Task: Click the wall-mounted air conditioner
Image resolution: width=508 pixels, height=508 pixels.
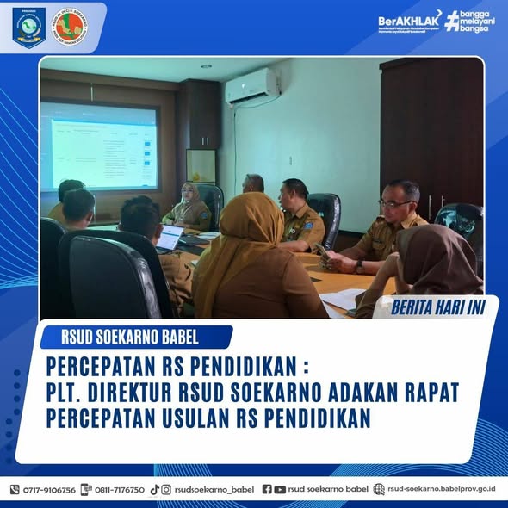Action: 251,87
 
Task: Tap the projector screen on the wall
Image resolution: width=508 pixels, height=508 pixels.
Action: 100,146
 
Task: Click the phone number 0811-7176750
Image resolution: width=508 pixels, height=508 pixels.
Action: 120,489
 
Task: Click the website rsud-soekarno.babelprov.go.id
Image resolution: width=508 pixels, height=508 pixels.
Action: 442,489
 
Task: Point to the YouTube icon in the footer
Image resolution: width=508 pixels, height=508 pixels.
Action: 280,489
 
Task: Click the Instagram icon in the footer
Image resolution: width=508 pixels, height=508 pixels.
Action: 166,489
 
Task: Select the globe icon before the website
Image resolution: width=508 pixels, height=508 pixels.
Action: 379,489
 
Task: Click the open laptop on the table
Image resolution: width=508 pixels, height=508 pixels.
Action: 170,237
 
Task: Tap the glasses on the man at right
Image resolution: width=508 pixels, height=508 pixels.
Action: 395,202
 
